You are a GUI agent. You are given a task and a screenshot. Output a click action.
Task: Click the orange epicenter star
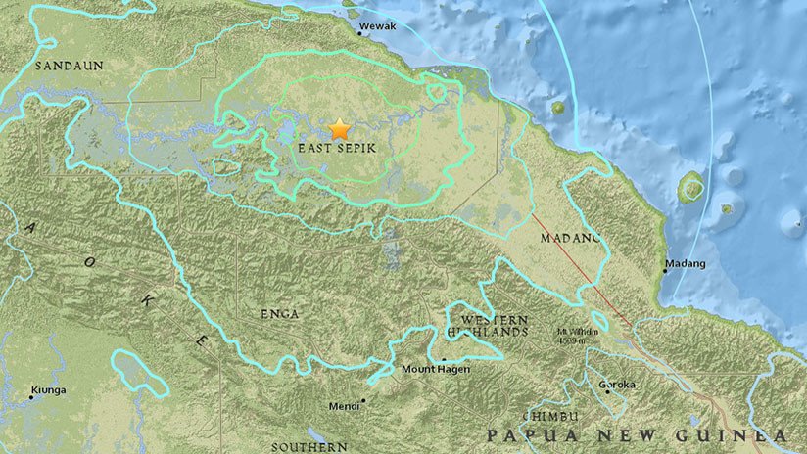(340, 128)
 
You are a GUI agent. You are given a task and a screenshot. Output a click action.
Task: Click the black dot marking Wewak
(359, 33)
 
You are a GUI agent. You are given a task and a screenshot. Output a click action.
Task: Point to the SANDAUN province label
(68, 66)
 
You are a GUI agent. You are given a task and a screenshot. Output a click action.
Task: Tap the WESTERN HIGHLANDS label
(495, 326)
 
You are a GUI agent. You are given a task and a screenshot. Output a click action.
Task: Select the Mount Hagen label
(436, 369)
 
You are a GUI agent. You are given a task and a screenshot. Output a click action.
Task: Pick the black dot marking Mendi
(363, 399)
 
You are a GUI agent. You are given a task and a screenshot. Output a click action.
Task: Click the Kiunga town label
(48, 389)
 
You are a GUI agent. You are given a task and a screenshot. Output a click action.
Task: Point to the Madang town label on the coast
(685, 264)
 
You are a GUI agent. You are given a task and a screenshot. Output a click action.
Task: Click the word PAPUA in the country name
(530, 435)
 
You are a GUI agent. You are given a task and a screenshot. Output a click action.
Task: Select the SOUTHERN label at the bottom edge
(309, 447)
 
